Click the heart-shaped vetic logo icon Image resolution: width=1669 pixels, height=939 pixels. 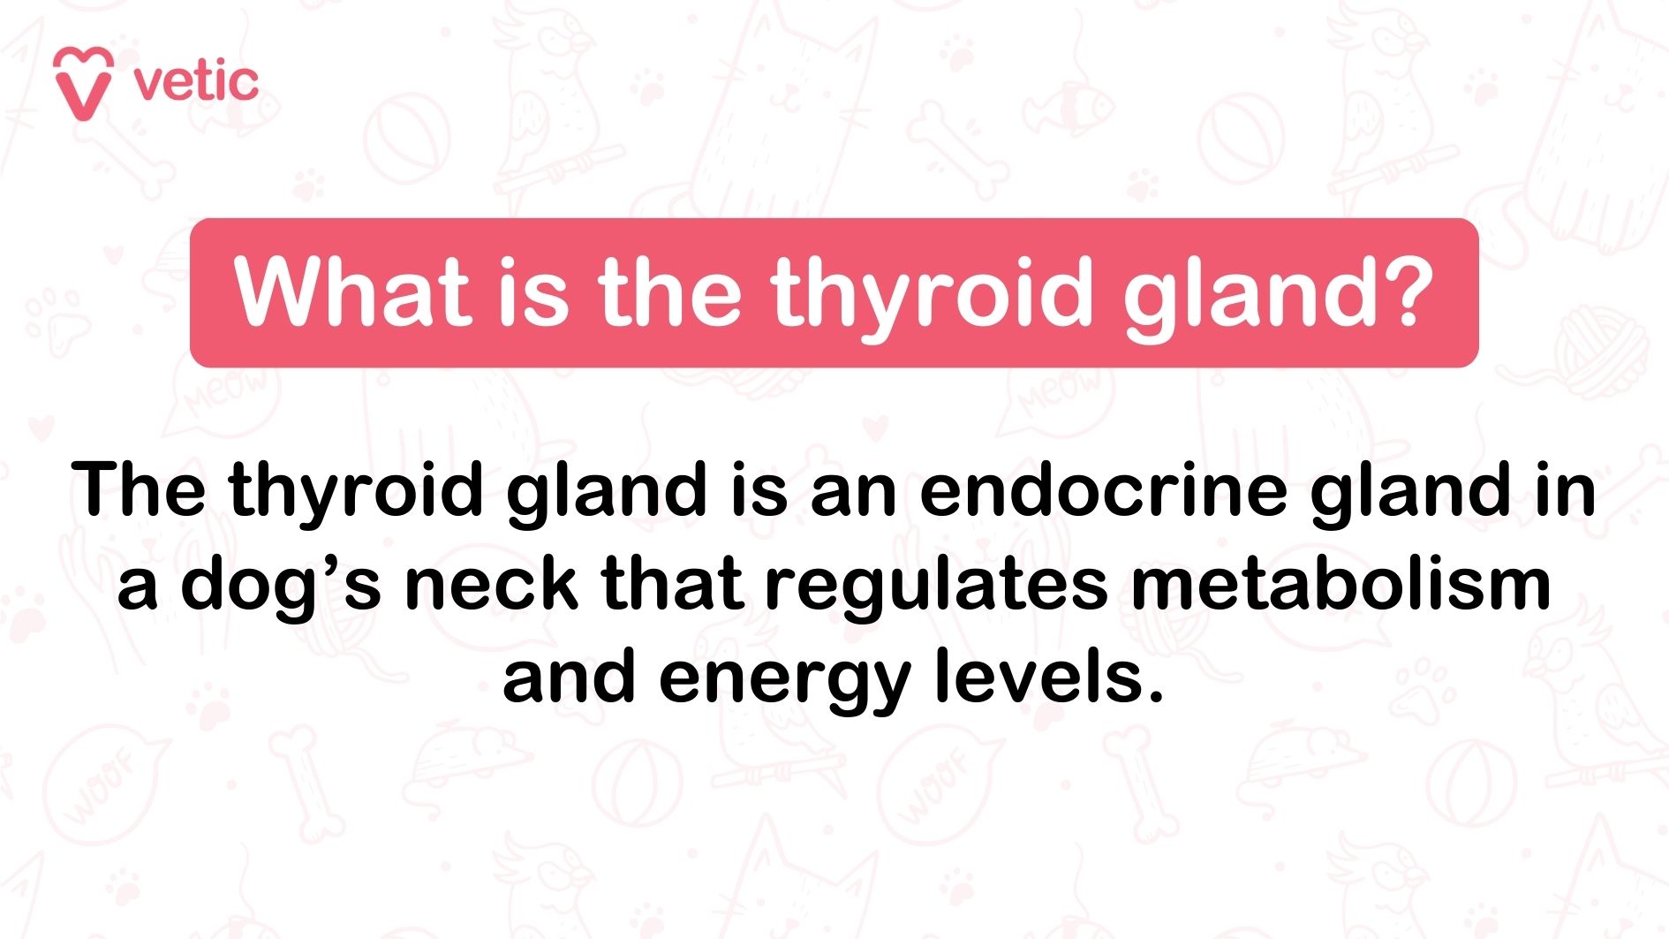click(83, 83)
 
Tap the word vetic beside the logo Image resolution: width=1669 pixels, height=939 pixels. click(196, 82)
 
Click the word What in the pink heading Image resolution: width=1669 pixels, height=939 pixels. click(351, 292)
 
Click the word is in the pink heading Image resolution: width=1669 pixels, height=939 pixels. click(533, 292)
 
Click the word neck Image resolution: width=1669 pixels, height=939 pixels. click(491, 585)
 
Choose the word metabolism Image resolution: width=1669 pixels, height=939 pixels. click(1341, 585)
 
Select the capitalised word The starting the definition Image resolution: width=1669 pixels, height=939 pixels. click(139, 489)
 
